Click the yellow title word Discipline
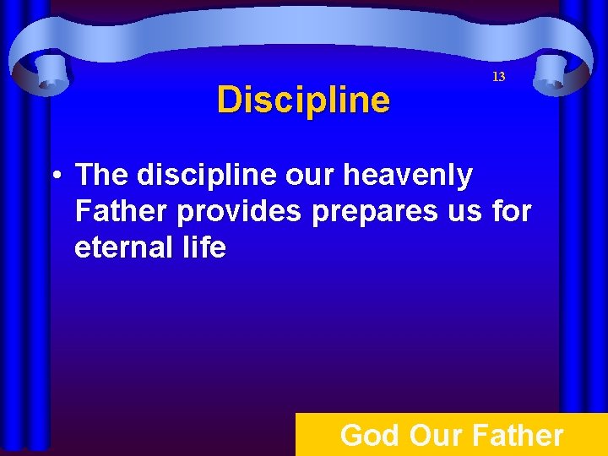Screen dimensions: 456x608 click(303, 100)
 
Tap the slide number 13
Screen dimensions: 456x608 click(498, 77)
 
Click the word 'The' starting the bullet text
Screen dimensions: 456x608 click(101, 176)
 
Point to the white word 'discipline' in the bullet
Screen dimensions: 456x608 click(198, 176)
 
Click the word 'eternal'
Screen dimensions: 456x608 click(122, 247)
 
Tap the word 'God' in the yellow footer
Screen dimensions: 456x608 click(370, 436)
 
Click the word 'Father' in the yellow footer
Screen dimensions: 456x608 click(517, 436)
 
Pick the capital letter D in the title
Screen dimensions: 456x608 click(228, 100)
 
